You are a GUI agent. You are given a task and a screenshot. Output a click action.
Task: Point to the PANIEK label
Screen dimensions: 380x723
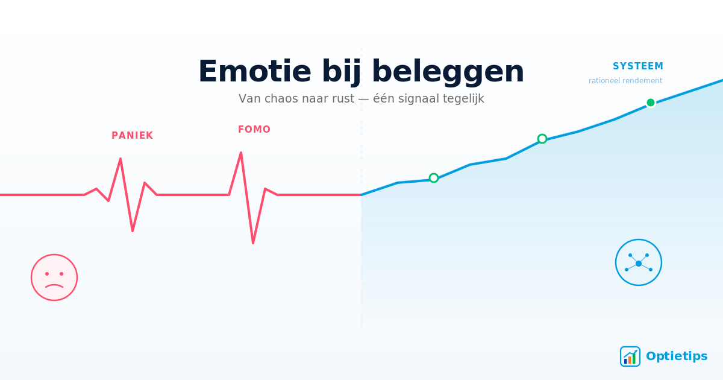[132, 136]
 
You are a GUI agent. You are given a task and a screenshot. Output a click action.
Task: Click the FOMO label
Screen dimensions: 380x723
[254, 130]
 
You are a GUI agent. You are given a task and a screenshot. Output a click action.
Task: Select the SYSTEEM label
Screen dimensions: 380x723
[637, 66]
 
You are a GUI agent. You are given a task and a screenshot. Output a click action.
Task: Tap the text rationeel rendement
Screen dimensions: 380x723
[625, 81]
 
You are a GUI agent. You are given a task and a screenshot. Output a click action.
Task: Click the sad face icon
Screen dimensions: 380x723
[54, 277]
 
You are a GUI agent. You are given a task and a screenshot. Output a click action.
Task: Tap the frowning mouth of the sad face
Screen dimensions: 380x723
[54, 286]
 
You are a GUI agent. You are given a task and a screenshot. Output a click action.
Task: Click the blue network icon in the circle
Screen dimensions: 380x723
[639, 262]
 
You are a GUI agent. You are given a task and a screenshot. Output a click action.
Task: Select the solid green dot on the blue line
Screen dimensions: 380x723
[651, 103]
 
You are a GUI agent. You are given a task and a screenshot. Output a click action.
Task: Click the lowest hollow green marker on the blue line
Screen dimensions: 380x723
[434, 178]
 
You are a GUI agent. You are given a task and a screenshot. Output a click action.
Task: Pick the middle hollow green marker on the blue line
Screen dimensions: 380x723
[542, 139]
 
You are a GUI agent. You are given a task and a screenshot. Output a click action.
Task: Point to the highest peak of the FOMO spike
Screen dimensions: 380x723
[241, 153]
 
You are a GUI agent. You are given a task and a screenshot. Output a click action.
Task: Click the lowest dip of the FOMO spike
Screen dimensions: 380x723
[253, 242]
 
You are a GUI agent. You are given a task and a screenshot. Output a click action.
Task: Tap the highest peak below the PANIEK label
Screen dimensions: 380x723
[120, 159]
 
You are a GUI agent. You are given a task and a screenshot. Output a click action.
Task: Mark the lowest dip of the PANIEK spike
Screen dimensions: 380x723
[133, 230]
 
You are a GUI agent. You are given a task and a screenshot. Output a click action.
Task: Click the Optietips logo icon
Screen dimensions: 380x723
[630, 356]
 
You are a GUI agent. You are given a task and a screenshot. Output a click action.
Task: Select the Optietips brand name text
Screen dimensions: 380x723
[676, 356]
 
